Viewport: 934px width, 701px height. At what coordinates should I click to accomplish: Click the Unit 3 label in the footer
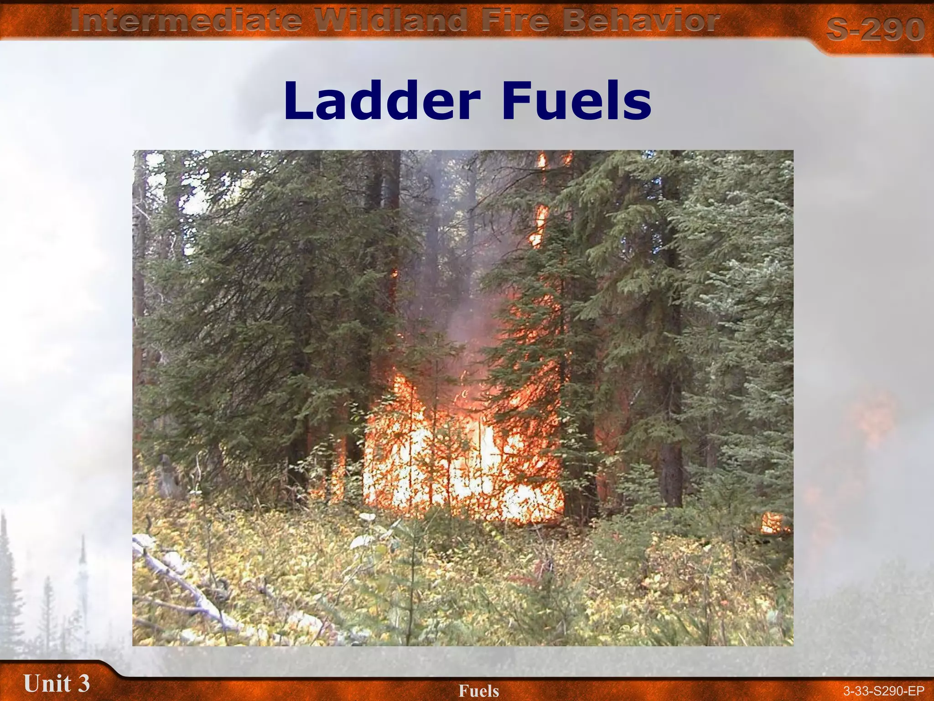click(x=57, y=683)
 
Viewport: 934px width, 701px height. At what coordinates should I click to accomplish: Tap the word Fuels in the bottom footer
click(x=479, y=691)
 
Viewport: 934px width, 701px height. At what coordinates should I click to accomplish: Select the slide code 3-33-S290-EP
click(x=883, y=691)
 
